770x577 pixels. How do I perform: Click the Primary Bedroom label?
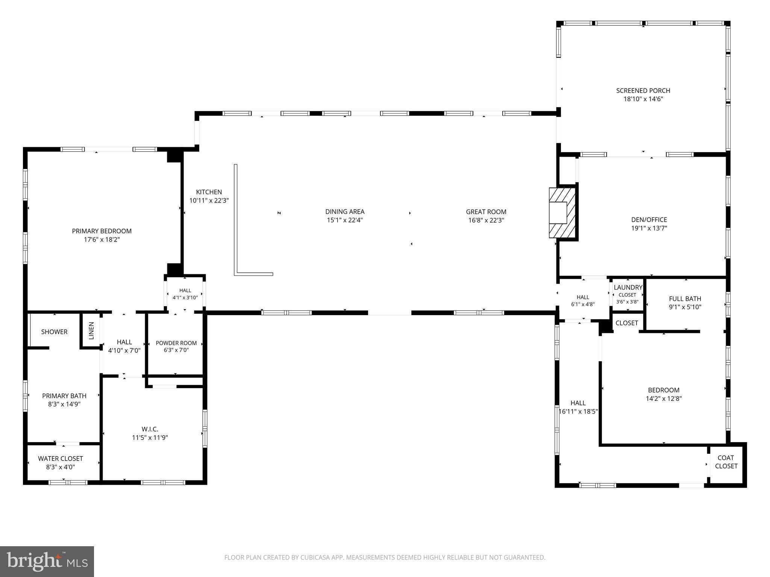pos(102,231)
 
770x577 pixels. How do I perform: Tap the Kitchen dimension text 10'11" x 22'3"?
pos(209,201)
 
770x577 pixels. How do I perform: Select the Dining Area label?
pos(345,211)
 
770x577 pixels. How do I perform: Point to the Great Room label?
pos(486,211)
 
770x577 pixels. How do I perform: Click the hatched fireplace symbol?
pos(562,213)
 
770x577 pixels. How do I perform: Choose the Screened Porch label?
pos(643,91)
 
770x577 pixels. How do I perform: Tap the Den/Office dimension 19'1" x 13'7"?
pos(649,228)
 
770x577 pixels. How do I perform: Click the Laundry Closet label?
pos(628,291)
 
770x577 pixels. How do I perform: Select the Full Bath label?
pos(685,299)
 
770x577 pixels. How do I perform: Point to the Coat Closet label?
pos(726,462)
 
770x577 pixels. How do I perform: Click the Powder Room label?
pos(176,343)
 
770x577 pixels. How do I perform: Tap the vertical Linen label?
pos(91,331)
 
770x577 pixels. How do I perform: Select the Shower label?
pos(55,332)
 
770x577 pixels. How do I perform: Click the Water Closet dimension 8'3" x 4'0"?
pos(61,467)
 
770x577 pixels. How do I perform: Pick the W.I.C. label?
pos(150,429)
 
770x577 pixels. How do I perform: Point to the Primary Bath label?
pos(64,396)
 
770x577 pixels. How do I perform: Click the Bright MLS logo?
pos(47,562)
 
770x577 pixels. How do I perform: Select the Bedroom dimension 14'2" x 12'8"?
pos(664,399)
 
